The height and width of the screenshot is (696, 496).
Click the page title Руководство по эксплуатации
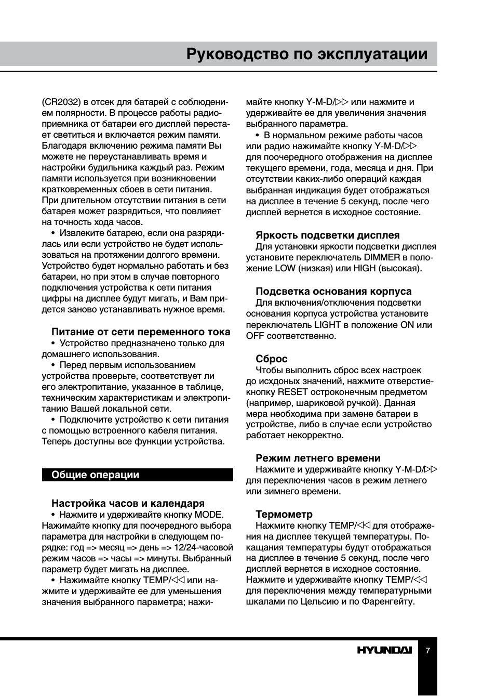[x=307, y=55]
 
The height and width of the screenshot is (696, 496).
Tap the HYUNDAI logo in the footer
[x=384, y=650]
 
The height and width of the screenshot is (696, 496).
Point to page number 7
[x=427, y=650]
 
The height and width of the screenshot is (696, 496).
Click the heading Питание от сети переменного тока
[x=141, y=332]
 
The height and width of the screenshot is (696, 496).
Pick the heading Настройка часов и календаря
[x=128, y=503]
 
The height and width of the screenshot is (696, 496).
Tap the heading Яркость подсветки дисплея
[x=327, y=235]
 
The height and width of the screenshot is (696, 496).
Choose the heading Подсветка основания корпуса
[x=333, y=291]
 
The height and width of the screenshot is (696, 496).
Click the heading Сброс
[x=271, y=359]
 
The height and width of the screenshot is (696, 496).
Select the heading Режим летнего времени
[x=318, y=458]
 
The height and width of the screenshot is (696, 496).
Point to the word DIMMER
[x=382, y=257]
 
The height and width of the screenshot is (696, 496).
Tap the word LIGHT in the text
[x=327, y=325]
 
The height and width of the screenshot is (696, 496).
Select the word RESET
[x=293, y=392]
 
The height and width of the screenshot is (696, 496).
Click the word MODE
[x=209, y=515]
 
